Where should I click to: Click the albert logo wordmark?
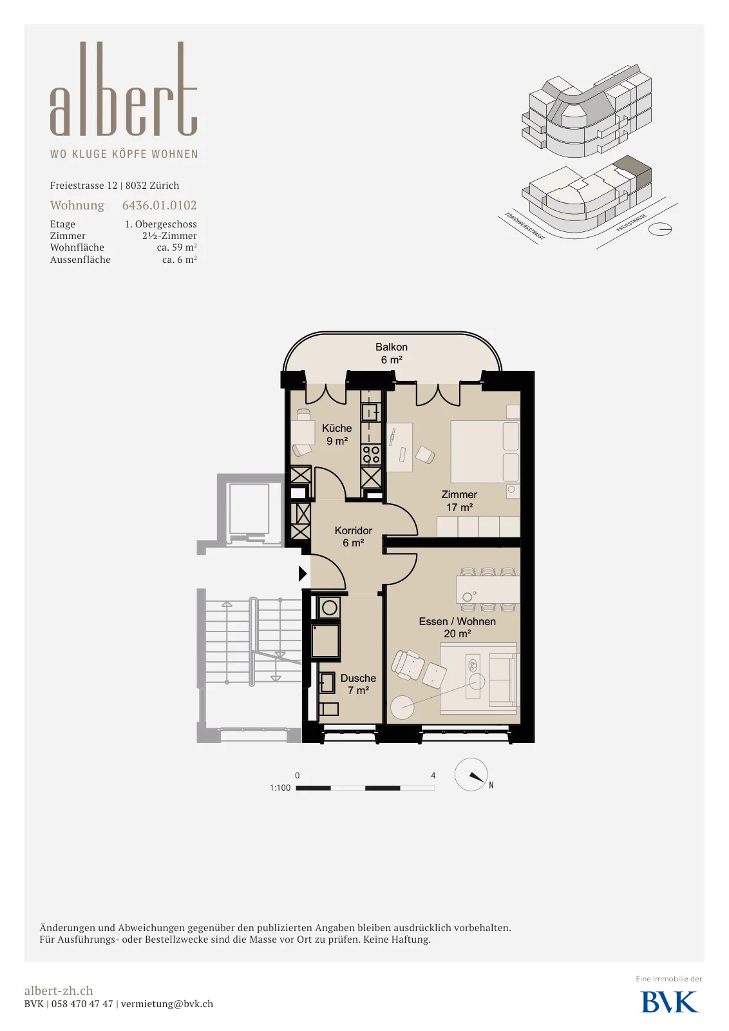(x=123, y=89)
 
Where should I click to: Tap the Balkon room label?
(x=392, y=354)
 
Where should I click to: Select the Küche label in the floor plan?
(x=337, y=434)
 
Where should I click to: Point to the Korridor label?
(x=354, y=537)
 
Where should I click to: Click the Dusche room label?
(x=358, y=684)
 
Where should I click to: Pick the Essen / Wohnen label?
(x=457, y=628)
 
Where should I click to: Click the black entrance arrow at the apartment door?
(x=303, y=573)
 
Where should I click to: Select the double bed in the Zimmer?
(x=485, y=451)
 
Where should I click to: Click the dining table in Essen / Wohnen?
(x=488, y=590)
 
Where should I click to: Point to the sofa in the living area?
(x=502, y=679)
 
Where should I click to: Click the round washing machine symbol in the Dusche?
(x=329, y=608)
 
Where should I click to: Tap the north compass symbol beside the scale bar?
(x=471, y=775)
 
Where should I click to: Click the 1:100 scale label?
(x=280, y=787)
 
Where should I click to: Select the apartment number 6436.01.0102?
(x=159, y=206)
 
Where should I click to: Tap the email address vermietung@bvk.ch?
(x=167, y=1004)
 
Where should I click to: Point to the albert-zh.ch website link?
(x=59, y=990)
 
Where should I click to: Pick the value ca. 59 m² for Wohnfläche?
(x=176, y=247)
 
